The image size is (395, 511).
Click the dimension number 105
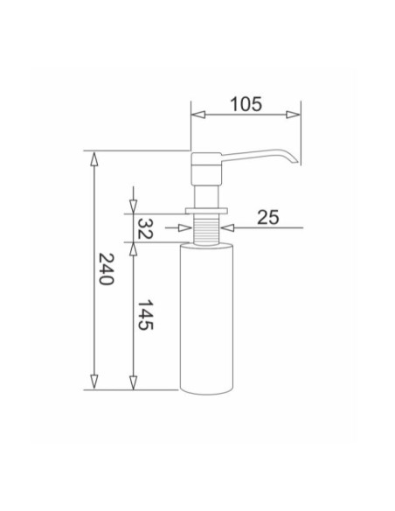point(246,104)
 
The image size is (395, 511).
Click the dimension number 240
point(107,269)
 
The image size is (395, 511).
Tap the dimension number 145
point(145,315)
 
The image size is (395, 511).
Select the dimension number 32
point(145,228)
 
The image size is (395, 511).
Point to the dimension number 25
point(268,217)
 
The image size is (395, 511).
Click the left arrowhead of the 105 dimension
point(197,115)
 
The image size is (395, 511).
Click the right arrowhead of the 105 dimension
point(293,115)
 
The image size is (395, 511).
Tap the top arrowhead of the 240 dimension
point(94,159)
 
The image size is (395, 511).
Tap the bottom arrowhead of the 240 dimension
point(94,381)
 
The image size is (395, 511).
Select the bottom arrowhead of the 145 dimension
point(133,382)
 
